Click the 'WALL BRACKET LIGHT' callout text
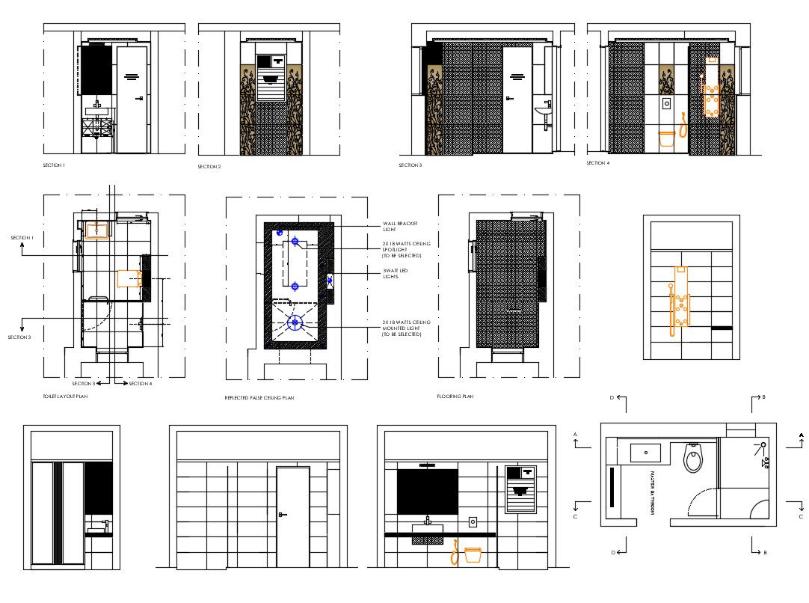[x=400, y=226]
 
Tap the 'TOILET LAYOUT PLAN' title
[x=65, y=396]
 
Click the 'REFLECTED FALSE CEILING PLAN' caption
[x=259, y=398]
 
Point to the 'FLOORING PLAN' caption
[x=455, y=397]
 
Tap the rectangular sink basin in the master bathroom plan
[x=645, y=452]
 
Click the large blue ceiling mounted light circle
[x=295, y=322]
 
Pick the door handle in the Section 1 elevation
[x=139, y=99]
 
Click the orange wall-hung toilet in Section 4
[x=665, y=138]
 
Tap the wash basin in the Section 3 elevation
[x=543, y=112]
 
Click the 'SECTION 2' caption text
[x=209, y=167]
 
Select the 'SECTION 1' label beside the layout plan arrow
[x=21, y=238]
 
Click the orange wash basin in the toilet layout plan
[x=97, y=230]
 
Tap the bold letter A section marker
[x=801, y=435]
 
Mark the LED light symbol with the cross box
[x=329, y=281]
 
